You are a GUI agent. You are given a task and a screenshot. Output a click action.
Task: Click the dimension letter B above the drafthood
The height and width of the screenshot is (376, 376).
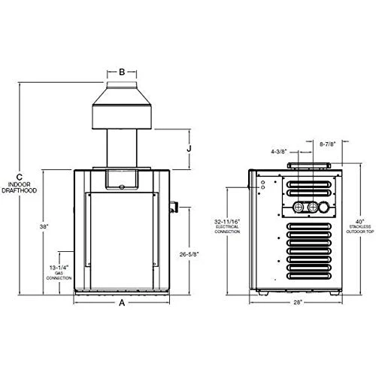click(x=122, y=73)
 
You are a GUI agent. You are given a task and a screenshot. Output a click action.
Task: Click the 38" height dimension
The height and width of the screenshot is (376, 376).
click(x=44, y=226)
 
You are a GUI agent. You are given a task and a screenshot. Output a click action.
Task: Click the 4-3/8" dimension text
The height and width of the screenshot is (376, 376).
click(x=277, y=151)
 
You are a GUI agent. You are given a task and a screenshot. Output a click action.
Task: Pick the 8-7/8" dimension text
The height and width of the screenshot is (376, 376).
click(x=328, y=142)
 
